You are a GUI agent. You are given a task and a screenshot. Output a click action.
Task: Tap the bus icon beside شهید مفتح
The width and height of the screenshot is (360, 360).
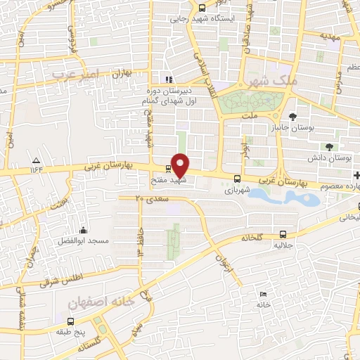point(167,169)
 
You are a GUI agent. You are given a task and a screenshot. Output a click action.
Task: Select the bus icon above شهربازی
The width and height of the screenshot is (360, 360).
point(236,179)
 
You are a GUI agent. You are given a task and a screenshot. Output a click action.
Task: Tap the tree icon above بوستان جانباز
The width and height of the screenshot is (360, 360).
point(293,116)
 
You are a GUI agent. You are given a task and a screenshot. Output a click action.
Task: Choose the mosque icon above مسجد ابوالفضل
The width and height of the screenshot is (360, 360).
point(83,230)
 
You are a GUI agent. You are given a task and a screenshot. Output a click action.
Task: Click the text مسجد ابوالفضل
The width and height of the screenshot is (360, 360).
point(84,241)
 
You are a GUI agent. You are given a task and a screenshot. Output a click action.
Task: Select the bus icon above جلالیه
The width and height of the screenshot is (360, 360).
point(283,234)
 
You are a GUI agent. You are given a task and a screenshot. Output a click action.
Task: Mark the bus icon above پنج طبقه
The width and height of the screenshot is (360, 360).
point(70,321)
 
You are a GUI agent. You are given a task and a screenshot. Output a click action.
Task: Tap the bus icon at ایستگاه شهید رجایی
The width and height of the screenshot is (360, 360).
point(202,8)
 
